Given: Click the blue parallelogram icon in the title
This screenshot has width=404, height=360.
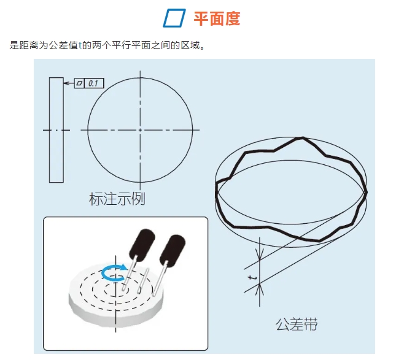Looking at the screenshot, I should click(x=174, y=19).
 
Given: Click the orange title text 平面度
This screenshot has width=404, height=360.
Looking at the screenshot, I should click(x=217, y=19).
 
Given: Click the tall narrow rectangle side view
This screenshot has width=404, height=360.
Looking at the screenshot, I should click(x=56, y=130).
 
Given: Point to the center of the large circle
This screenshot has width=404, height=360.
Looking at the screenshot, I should click(x=140, y=130).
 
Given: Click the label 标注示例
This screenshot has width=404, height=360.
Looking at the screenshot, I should click(x=117, y=199).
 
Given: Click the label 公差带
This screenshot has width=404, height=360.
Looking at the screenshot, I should click(x=297, y=324).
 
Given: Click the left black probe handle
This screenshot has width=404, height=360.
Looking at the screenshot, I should click(x=144, y=240).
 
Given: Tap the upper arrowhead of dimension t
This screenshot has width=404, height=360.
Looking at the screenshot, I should click(x=260, y=258).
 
